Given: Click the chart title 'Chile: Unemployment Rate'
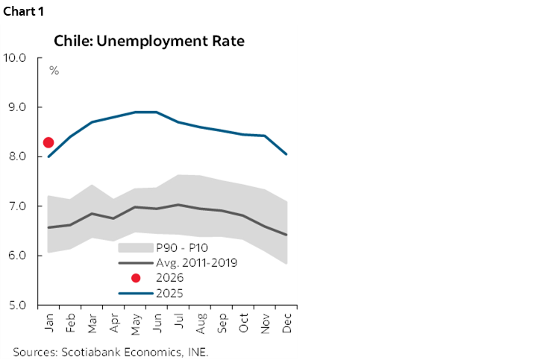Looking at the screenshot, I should click(148, 41).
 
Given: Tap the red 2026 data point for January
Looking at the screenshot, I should click(48, 142).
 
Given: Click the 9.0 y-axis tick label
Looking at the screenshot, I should click(17, 107).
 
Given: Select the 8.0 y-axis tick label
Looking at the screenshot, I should click(17, 157).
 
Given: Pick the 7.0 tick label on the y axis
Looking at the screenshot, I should click(17, 206).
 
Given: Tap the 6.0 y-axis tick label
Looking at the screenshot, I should click(17, 256).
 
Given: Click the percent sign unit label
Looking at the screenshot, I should click(54, 71).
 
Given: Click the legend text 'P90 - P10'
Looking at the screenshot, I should click(179, 248).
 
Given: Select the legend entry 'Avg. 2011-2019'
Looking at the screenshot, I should click(196, 263).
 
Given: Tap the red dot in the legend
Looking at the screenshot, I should click(135, 278).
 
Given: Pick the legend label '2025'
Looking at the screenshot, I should click(169, 293).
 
